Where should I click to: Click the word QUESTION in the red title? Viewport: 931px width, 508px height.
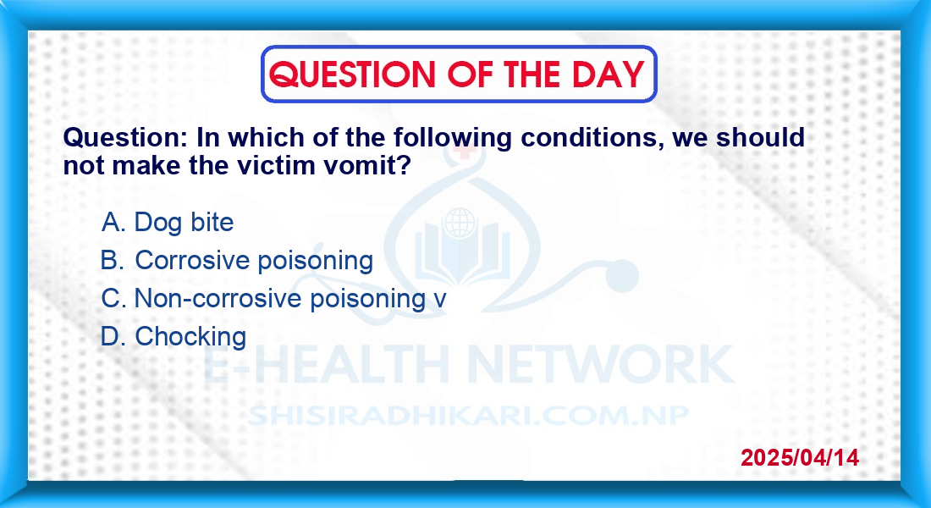pyautogui.click(x=352, y=75)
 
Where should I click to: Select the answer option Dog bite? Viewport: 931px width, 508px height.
pyautogui.click(x=184, y=222)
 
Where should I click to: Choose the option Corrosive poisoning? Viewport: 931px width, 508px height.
pyautogui.click(x=254, y=260)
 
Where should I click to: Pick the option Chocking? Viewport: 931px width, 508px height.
pyautogui.click(x=190, y=336)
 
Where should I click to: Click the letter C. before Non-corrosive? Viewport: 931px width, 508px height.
pyautogui.click(x=114, y=298)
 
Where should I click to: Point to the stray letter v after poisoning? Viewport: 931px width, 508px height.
pyautogui.click(x=440, y=300)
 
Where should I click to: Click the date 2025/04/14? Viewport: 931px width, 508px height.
pyautogui.click(x=800, y=457)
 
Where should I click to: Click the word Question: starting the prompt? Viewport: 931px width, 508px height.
pyautogui.click(x=126, y=138)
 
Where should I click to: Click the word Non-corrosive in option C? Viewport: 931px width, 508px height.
pyautogui.click(x=218, y=298)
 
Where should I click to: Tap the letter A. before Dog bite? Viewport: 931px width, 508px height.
pyautogui.click(x=114, y=222)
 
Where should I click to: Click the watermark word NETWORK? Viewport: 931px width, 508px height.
pyautogui.click(x=601, y=363)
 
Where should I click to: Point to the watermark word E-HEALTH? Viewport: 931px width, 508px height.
pyautogui.click(x=326, y=363)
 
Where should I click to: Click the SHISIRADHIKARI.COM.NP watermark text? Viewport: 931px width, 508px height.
pyautogui.click(x=468, y=416)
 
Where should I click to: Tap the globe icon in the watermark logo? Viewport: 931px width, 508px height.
pyautogui.click(x=460, y=224)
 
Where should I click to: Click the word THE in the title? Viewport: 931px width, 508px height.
pyautogui.click(x=532, y=75)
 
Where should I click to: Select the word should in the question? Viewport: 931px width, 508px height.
pyautogui.click(x=761, y=138)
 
